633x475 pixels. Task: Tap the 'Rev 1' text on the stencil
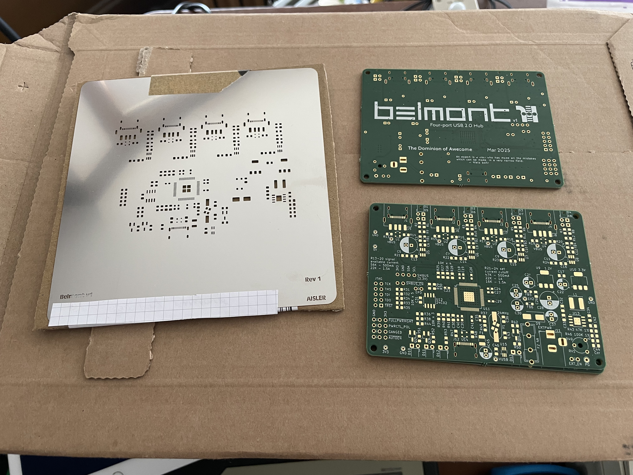(313, 279)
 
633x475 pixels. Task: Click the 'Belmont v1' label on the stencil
(76, 296)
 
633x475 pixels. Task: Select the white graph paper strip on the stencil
(163, 308)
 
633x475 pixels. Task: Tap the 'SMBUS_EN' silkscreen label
(412, 284)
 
